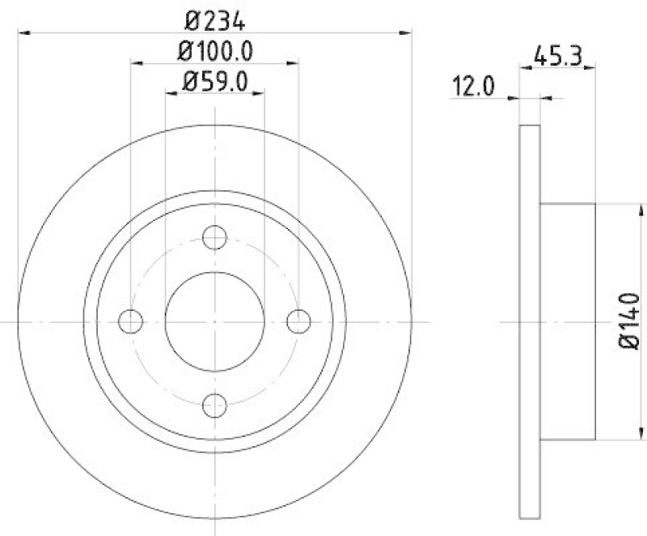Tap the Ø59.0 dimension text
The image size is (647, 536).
[214, 82]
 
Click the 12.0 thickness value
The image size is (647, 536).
[473, 86]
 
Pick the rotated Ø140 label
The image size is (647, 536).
[631, 321]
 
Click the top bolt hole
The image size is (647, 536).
[214, 237]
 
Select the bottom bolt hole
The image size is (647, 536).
[214, 404]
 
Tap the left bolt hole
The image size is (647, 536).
[130, 321]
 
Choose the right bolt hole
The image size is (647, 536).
[298, 321]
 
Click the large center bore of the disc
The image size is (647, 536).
[214, 321]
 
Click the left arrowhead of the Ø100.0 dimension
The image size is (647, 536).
[136, 63]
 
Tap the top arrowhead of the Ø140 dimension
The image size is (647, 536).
[624, 208]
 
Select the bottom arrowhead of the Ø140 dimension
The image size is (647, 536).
[624, 435]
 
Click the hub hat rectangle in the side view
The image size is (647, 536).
[567, 321]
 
